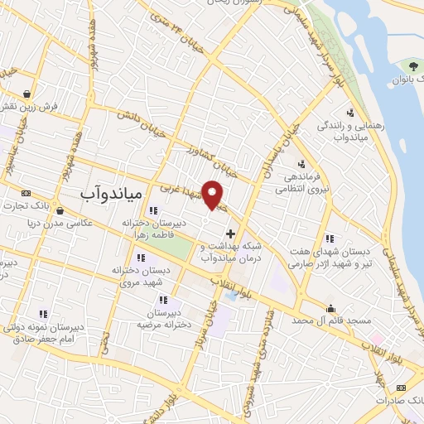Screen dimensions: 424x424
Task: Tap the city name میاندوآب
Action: pos(113,193)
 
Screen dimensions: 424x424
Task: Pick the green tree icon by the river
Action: pos(412,65)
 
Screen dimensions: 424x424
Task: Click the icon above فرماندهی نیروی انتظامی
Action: pos(301,163)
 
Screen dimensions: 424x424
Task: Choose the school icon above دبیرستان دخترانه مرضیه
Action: pos(163,300)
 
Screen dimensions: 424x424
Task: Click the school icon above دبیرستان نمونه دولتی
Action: pos(43,313)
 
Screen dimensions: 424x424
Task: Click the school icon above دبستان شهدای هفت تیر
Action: pos(330,238)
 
